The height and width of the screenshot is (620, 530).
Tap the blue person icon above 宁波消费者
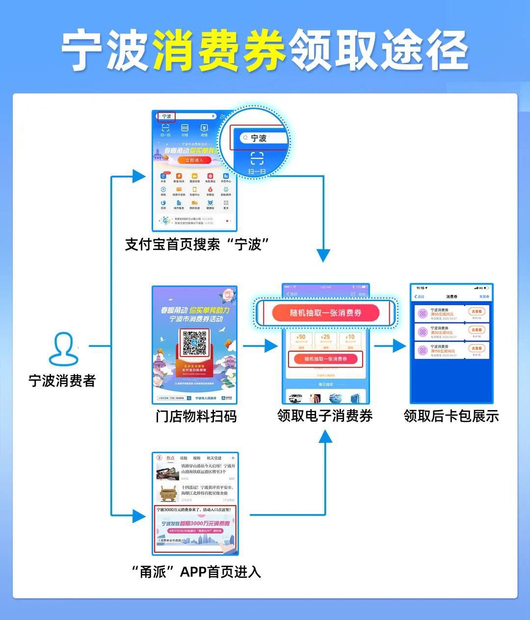[x=64, y=349]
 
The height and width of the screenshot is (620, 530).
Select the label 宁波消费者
[x=62, y=381]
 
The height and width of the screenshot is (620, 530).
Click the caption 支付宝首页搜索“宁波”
[x=197, y=244]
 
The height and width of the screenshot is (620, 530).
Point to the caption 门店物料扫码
[x=196, y=416]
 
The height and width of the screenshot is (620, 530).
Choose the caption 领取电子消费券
[x=325, y=416]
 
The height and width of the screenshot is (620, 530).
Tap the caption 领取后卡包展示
[x=451, y=416]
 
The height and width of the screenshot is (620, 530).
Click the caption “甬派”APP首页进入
[x=196, y=571]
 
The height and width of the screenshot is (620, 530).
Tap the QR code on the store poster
[x=195, y=343]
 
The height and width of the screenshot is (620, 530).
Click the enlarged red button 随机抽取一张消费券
[x=325, y=313]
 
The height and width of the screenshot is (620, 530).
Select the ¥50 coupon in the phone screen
[x=301, y=339]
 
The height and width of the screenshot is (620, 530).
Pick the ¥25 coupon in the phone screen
[x=326, y=339]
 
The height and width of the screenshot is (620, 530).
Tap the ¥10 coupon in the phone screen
[x=350, y=339]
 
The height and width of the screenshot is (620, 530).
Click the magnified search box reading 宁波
[x=263, y=138]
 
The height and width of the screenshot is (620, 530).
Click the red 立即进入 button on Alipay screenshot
[x=194, y=160]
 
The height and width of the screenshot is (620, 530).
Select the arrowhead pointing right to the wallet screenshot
[x=399, y=346]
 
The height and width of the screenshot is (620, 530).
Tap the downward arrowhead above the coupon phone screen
[x=323, y=255]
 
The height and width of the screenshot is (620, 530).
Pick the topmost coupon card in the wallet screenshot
[x=451, y=314]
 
